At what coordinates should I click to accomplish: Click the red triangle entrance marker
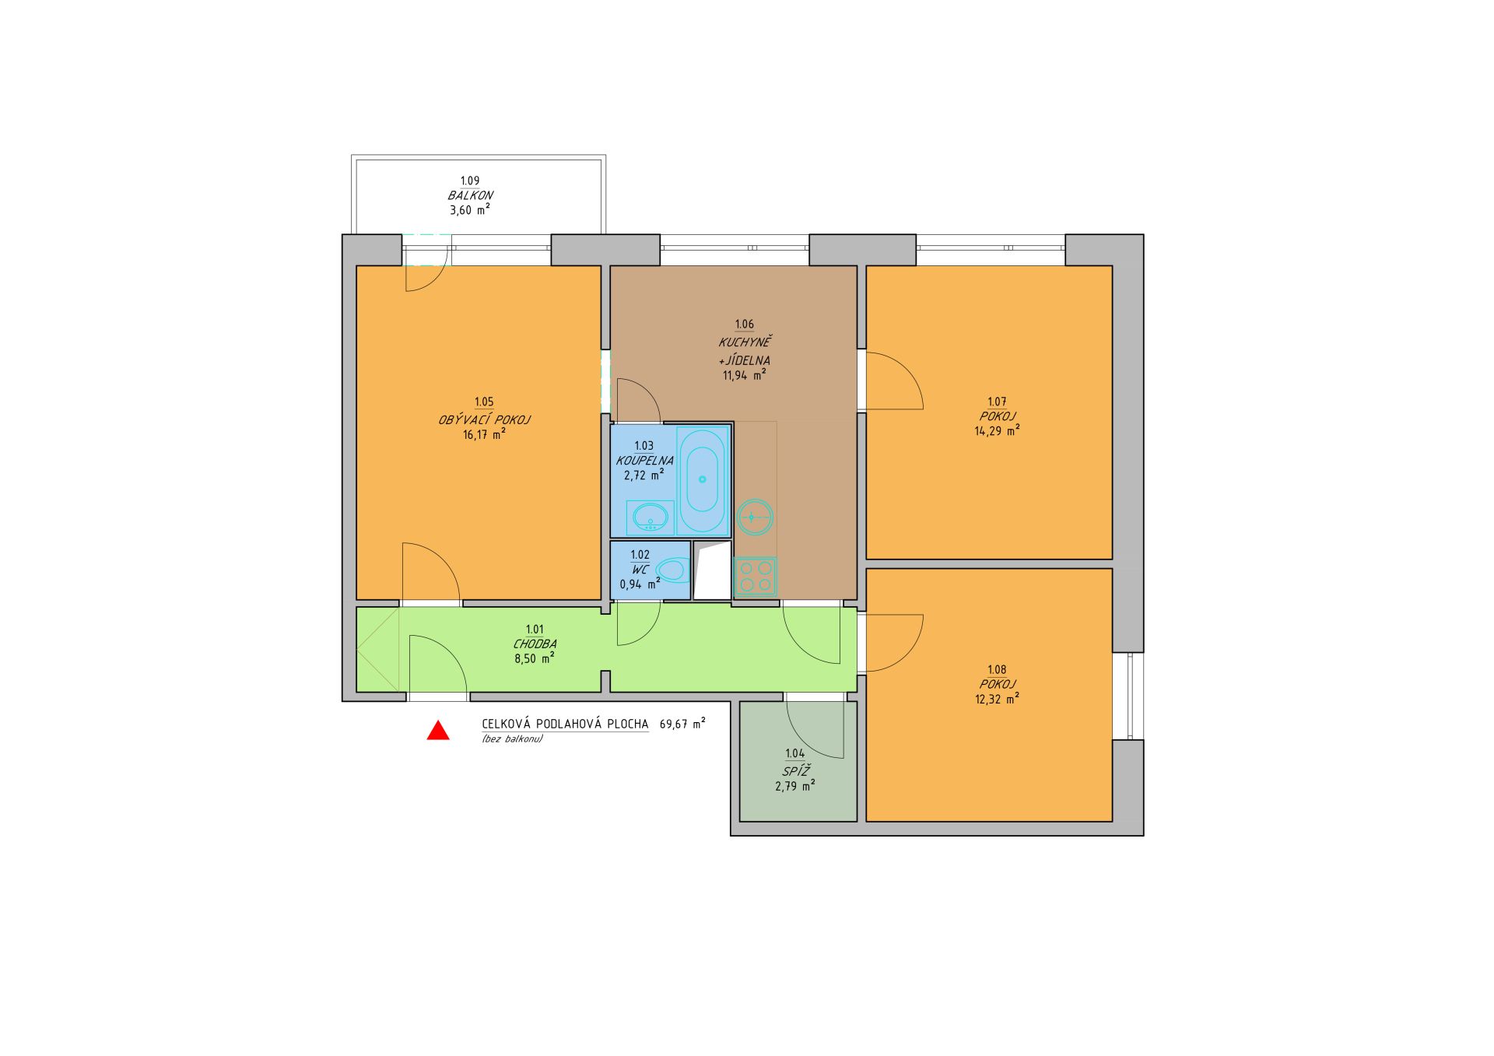pyautogui.click(x=438, y=731)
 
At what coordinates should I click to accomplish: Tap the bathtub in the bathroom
pyautogui.click(x=703, y=481)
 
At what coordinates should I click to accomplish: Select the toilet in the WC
pyautogui.click(x=673, y=570)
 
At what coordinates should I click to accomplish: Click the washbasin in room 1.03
pyautogui.click(x=651, y=516)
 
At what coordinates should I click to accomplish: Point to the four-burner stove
pyautogui.click(x=755, y=577)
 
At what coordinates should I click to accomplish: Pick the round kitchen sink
pyautogui.click(x=755, y=516)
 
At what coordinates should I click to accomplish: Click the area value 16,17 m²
pyautogui.click(x=484, y=435)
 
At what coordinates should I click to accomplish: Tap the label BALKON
pyautogui.click(x=471, y=196)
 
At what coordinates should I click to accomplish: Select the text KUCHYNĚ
pyautogui.click(x=745, y=342)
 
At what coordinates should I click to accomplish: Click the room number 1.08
pyautogui.click(x=997, y=670)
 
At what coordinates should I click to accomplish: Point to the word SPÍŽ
pyautogui.click(x=795, y=770)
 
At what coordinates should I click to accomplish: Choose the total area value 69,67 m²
pyautogui.click(x=682, y=724)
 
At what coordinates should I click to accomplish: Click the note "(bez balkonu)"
pyautogui.click(x=512, y=739)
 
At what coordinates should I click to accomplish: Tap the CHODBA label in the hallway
pyautogui.click(x=535, y=644)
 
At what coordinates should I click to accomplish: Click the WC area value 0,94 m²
pyautogui.click(x=640, y=584)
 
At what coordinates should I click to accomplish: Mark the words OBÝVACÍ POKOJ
pyautogui.click(x=485, y=420)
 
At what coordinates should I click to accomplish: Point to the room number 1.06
pyautogui.click(x=745, y=325)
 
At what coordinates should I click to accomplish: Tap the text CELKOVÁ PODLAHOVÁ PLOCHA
pyautogui.click(x=566, y=724)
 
